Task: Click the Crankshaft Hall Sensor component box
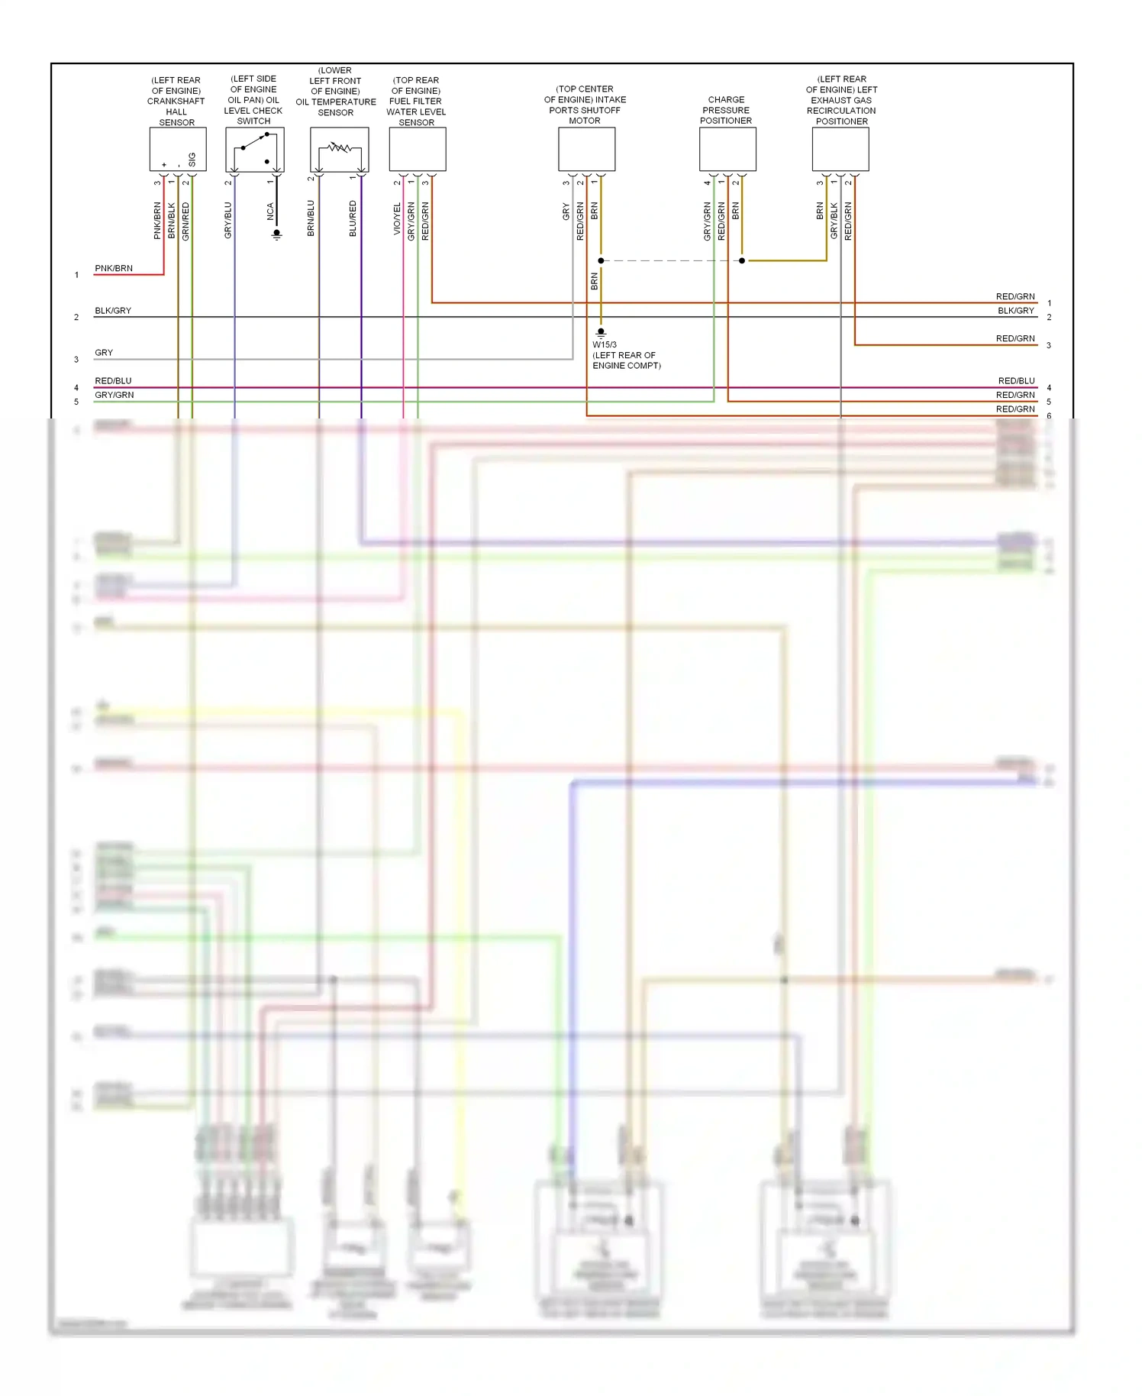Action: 177,149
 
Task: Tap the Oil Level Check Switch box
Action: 255,149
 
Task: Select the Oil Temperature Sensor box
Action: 339,149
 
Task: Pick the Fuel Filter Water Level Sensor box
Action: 418,149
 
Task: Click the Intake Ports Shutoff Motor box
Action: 586,149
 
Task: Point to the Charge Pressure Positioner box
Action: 727,149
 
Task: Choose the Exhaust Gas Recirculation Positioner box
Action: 840,149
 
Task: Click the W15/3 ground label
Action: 605,344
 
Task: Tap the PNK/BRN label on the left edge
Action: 114,268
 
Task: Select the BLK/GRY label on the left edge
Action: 113,311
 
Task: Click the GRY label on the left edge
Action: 104,353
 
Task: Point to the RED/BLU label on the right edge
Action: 1016,380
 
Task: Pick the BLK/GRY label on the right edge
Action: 1015,311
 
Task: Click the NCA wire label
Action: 270,212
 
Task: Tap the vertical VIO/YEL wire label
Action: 397,218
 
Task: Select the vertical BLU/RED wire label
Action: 353,218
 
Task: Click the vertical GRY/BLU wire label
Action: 227,220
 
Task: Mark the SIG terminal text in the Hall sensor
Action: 192,159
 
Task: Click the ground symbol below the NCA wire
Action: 276,234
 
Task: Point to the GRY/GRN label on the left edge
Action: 114,395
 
